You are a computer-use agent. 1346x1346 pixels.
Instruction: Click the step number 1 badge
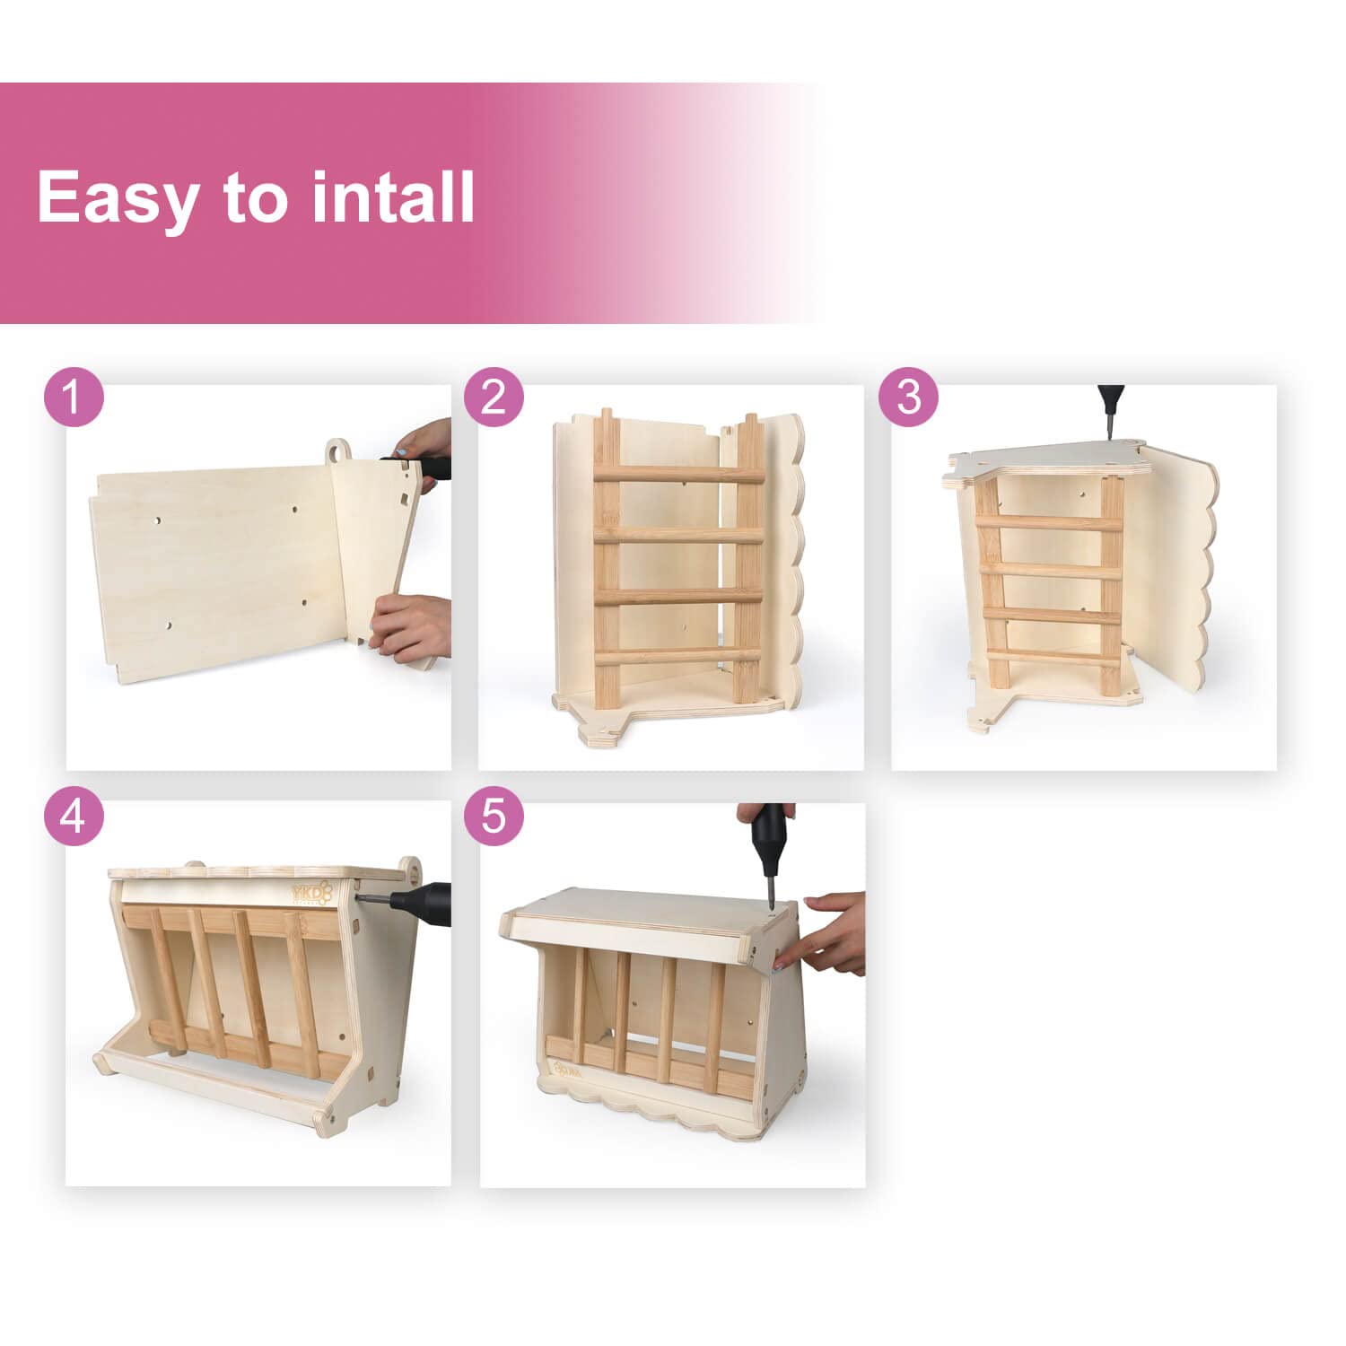click(74, 398)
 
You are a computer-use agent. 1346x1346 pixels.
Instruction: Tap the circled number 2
click(494, 398)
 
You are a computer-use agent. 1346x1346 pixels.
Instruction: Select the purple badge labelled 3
click(908, 398)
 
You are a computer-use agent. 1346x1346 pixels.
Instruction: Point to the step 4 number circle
click(74, 817)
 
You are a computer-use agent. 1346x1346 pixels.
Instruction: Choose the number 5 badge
click(494, 817)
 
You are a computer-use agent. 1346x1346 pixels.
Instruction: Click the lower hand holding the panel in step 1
click(411, 625)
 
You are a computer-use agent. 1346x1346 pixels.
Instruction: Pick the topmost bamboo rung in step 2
click(678, 472)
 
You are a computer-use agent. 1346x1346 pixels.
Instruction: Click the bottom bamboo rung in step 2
click(678, 657)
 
